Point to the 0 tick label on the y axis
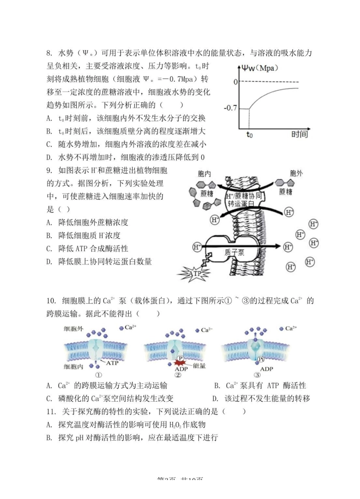tap(236, 82)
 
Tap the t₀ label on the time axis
tap(249, 135)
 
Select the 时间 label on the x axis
tap(299, 134)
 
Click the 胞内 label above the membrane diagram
tap(205, 174)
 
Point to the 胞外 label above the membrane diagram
tap(296, 173)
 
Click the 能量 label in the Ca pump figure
tap(199, 366)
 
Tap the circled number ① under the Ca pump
tap(99, 375)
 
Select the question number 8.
tap(49, 53)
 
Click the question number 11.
tap(51, 412)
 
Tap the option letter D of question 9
tap(49, 262)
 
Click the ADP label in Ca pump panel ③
tap(266, 369)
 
